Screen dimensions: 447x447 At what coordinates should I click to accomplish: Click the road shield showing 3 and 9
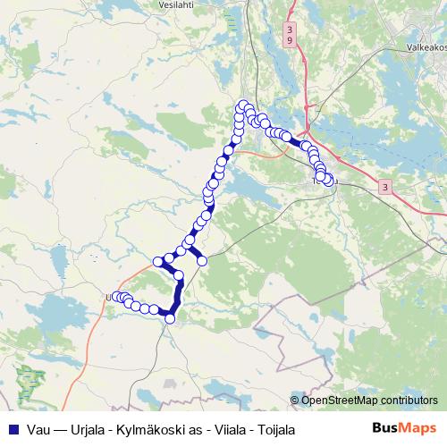(x=290, y=36)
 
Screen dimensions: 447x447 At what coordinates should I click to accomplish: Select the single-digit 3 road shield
(x=384, y=188)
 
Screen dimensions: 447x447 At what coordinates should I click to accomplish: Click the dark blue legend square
(x=11, y=429)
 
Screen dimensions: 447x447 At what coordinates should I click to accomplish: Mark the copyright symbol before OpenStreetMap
(x=296, y=401)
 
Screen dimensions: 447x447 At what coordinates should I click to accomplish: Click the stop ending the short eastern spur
(x=202, y=260)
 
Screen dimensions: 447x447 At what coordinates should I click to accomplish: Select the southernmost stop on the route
(x=170, y=318)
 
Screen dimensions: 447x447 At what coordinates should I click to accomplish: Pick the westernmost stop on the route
(x=114, y=297)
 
